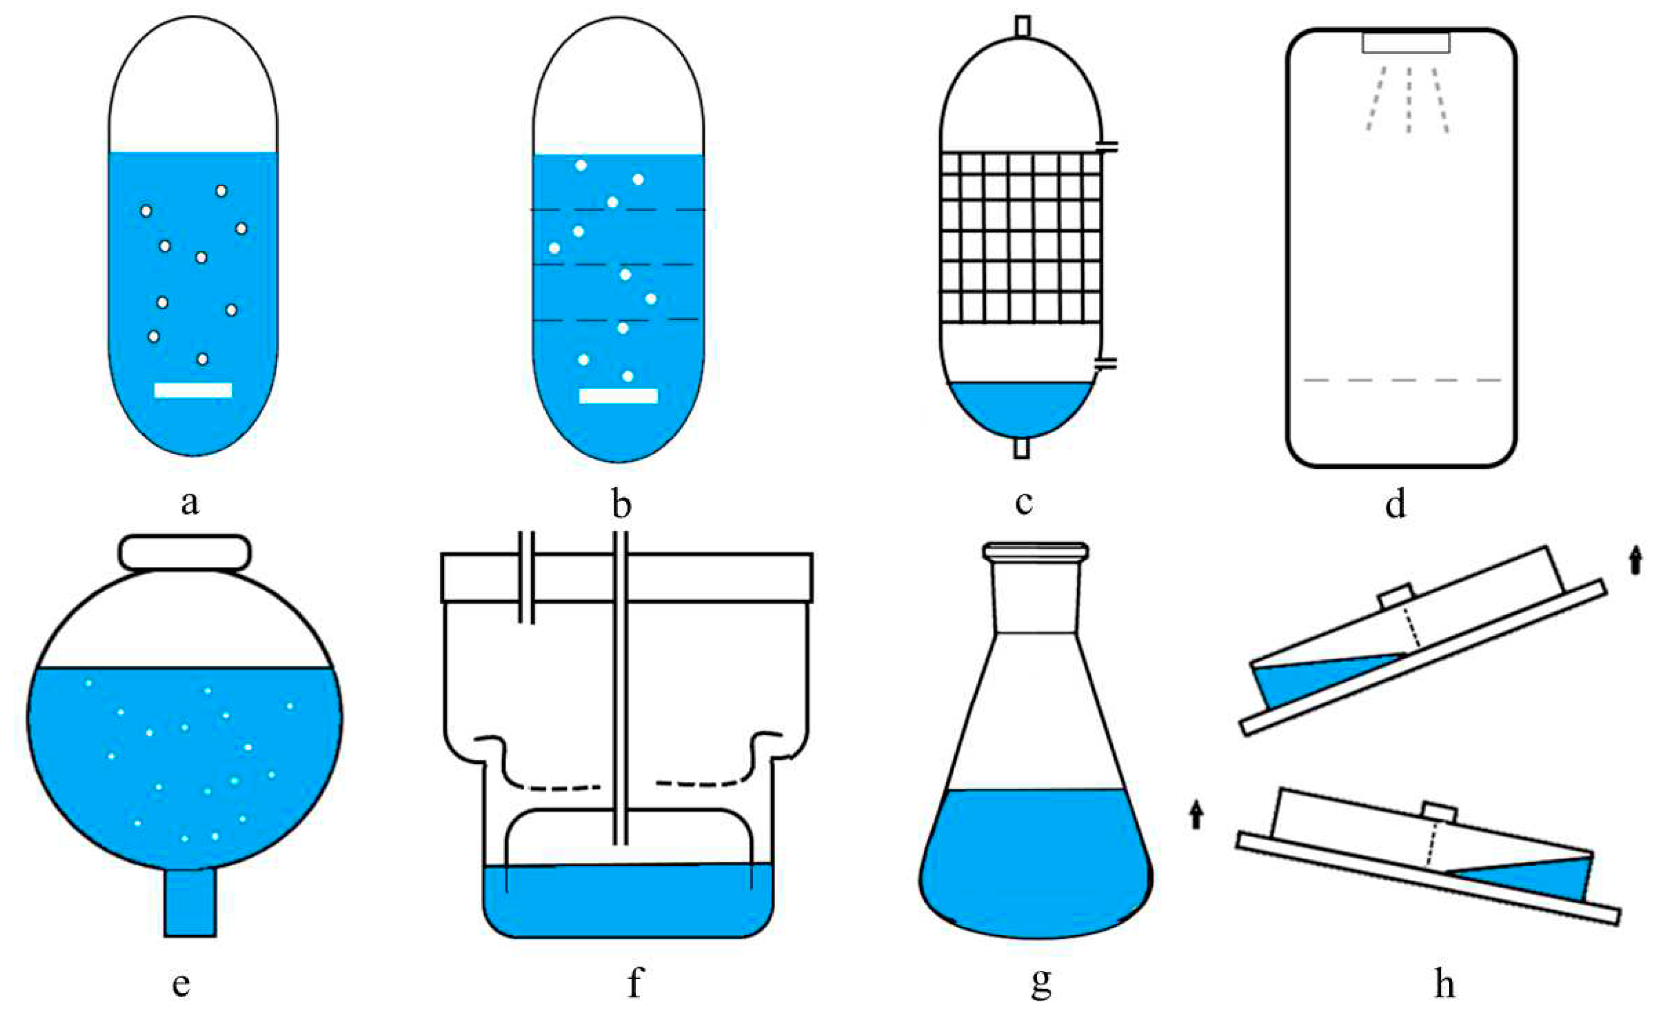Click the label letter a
pyautogui.click(x=190, y=503)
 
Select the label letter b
pyautogui.click(x=621, y=504)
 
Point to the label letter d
pyautogui.click(x=1395, y=504)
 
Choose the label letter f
pyautogui.click(x=634, y=982)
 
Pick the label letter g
pyautogui.click(x=1041, y=982)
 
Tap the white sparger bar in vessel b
pyautogui.click(x=618, y=396)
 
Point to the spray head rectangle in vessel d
pyautogui.click(x=1406, y=42)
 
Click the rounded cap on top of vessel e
pyautogui.click(x=185, y=552)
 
